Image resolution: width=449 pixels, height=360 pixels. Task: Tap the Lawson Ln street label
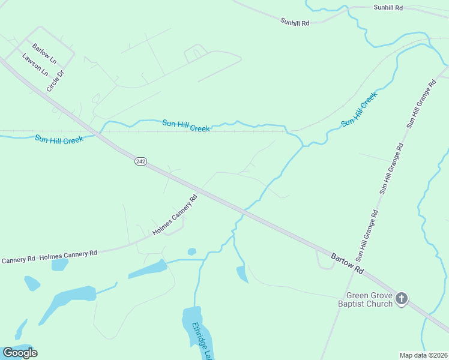point(35,65)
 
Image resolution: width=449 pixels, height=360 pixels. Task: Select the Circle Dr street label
point(55,82)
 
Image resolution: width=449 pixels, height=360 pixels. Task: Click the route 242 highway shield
point(140,161)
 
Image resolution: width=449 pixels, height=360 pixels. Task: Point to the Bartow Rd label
point(348,264)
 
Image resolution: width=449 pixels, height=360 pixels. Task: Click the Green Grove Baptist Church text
point(369,299)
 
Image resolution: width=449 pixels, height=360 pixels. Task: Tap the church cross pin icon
point(402,298)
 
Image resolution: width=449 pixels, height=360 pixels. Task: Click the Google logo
point(20,353)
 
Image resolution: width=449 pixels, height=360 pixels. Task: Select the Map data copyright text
point(424,355)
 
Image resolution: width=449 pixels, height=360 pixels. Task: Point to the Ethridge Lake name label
point(202,341)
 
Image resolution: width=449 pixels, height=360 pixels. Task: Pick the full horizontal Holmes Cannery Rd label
point(68,255)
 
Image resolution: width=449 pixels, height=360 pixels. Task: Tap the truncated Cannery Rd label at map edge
point(18,260)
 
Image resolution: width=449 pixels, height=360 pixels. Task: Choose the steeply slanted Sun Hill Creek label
point(359,109)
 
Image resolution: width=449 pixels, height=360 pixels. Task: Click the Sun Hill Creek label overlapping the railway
point(186,125)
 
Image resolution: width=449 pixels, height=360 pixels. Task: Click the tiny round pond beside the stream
point(191,251)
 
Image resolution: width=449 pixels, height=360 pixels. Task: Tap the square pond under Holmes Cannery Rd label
point(59,265)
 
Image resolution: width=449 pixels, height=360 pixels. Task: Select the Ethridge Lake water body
point(192,321)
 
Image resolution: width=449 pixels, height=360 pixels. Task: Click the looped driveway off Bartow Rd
point(324,261)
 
